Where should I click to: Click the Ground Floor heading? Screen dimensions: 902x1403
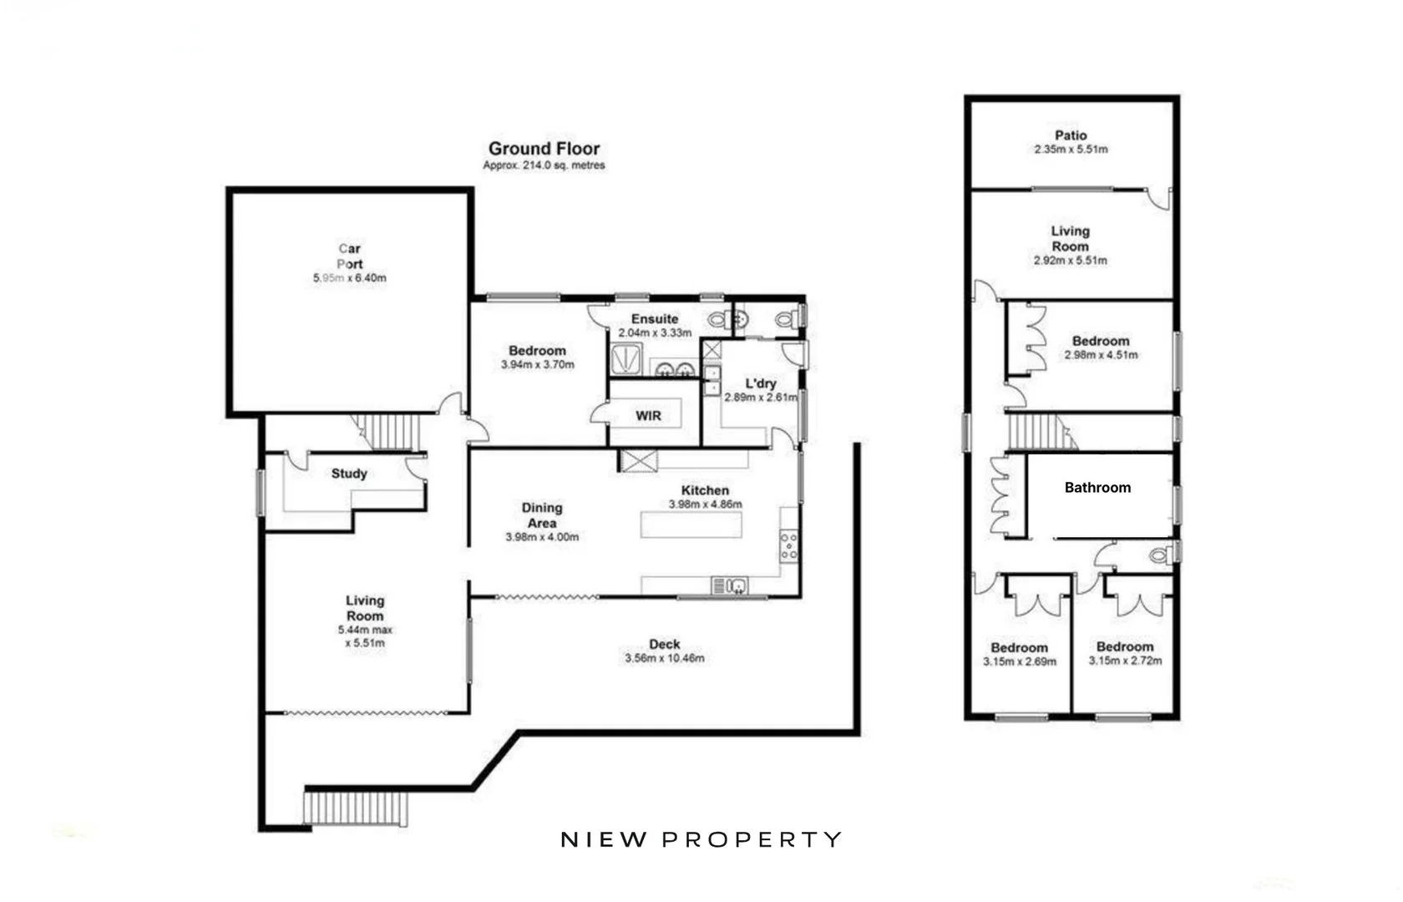pyautogui.click(x=544, y=149)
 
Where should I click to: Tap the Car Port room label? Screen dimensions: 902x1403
pyautogui.click(x=350, y=256)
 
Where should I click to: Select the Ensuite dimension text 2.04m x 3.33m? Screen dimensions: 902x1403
pyautogui.click(x=655, y=332)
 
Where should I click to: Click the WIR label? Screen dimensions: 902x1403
pyautogui.click(x=648, y=416)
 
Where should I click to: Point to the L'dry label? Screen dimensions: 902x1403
pyautogui.click(x=761, y=383)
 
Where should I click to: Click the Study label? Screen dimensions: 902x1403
pyautogui.click(x=349, y=474)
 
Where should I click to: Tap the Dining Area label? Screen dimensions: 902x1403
pyautogui.click(x=542, y=515)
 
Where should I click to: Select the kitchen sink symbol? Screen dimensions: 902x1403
pyautogui.click(x=730, y=585)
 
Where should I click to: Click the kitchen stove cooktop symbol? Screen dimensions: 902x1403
pyautogui.click(x=789, y=545)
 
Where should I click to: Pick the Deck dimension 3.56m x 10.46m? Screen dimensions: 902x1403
pyautogui.click(x=664, y=658)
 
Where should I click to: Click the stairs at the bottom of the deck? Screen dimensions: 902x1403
pyautogui.click(x=357, y=808)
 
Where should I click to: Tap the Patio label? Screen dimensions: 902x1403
pyautogui.click(x=1071, y=135)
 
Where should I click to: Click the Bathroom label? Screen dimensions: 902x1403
pyautogui.click(x=1097, y=488)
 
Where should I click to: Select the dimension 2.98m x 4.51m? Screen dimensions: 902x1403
pyautogui.click(x=1101, y=355)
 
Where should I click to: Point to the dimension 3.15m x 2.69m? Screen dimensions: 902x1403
pyautogui.click(x=1020, y=661)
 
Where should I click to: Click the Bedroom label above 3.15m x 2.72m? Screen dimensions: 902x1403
pyautogui.click(x=1125, y=646)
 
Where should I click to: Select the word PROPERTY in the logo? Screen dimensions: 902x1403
pyautogui.click(x=752, y=839)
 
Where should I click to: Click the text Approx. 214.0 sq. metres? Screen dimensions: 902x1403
pyautogui.click(x=544, y=165)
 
